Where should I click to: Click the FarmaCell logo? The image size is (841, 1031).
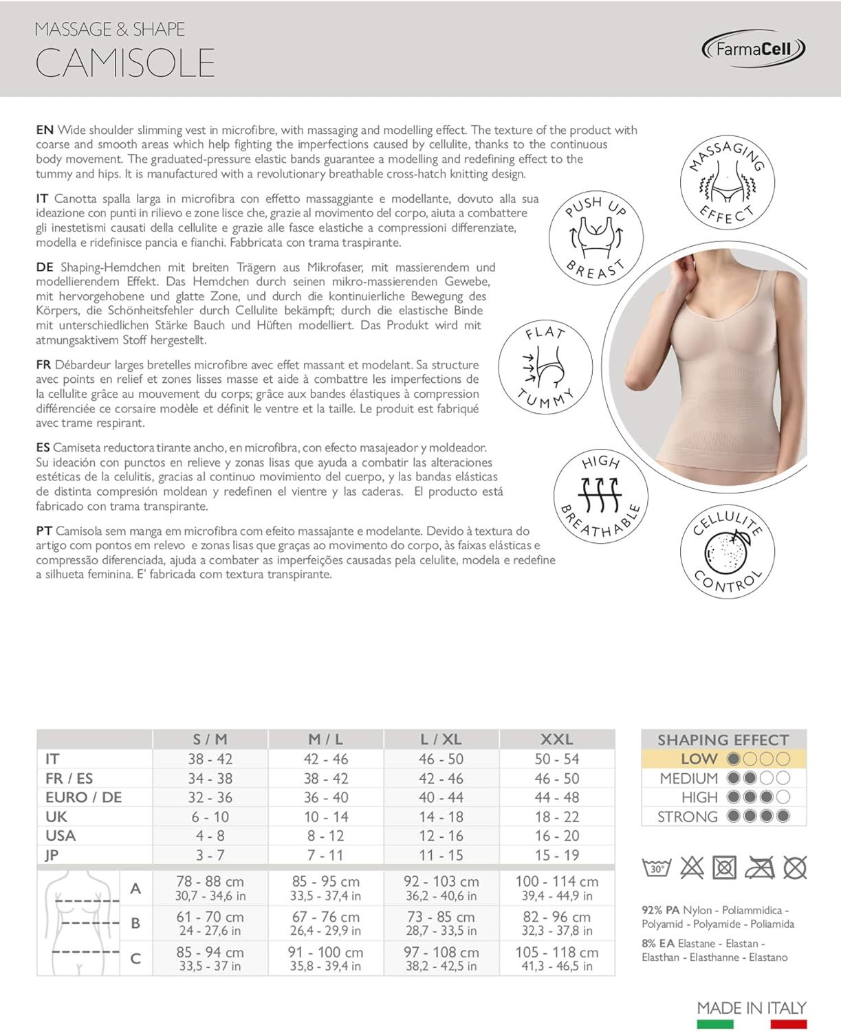tap(753, 49)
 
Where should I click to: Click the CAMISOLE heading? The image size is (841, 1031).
tap(125, 63)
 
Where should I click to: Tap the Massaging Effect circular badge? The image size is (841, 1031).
tap(728, 184)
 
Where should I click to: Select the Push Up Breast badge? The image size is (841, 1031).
tap(596, 238)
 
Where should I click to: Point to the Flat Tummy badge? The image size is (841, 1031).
tap(545, 367)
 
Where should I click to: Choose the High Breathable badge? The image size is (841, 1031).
tap(600, 496)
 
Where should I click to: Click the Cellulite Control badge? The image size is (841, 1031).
tap(728, 551)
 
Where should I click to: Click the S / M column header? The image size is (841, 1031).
tap(210, 740)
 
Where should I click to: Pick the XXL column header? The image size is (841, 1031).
tap(556, 740)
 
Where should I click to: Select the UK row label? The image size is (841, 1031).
tap(56, 817)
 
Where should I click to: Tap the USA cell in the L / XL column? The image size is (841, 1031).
tap(441, 836)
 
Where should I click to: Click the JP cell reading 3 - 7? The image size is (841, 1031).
tap(210, 855)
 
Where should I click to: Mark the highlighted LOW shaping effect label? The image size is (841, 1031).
tap(699, 759)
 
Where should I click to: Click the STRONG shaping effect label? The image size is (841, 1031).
tap(687, 817)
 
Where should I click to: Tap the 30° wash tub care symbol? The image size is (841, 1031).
tap(656, 867)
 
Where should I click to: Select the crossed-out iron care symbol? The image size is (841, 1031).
tap(759, 867)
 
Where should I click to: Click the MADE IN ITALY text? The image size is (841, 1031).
tap(751, 1008)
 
